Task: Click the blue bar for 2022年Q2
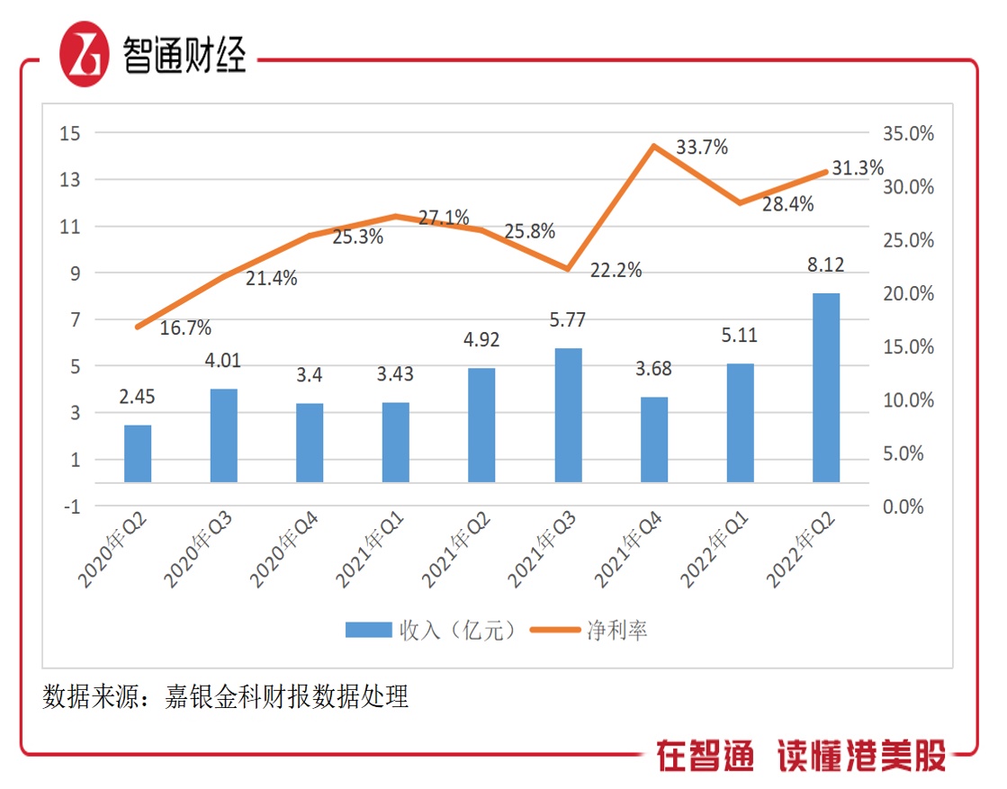pyautogui.click(x=825, y=388)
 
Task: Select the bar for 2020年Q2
pyautogui.click(x=138, y=453)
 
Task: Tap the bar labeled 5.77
pyautogui.click(x=568, y=416)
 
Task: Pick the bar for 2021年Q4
pyautogui.click(x=653, y=440)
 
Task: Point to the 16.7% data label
pyautogui.click(x=185, y=327)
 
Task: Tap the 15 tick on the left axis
pyautogui.click(x=70, y=133)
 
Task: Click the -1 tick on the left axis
pyautogui.click(x=72, y=507)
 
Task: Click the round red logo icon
pyautogui.click(x=84, y=53)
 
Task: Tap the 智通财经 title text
pyautogui.click(x=184, y=54)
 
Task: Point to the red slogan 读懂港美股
pyautogui.click(x=861, y=757)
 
